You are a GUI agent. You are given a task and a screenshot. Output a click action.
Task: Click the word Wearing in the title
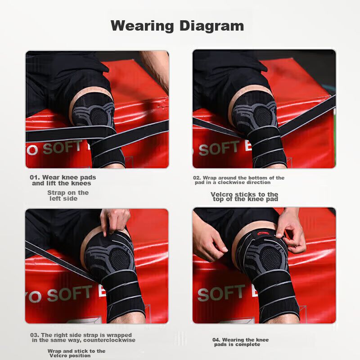point(142,26)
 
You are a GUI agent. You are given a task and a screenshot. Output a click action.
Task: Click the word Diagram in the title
point(211,27)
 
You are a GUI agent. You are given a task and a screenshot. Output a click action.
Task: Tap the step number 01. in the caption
point(35,177)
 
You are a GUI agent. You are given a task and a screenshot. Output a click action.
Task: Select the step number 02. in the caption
point(197,178)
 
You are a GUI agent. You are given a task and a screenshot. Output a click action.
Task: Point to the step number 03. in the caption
point(35,335)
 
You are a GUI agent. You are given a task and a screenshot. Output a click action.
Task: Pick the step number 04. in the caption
point(216,340)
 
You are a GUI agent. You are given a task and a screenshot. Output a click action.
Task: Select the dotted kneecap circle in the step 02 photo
point(263,116)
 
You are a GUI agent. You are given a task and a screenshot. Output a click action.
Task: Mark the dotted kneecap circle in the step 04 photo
point(271,256)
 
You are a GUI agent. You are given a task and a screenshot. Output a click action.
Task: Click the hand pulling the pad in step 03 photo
point(115,221)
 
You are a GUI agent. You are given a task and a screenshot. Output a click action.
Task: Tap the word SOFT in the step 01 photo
point(62,147)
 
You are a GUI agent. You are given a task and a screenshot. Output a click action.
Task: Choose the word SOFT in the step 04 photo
point(221,293)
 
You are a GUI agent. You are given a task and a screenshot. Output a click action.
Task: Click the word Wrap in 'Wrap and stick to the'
point(54,351)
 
